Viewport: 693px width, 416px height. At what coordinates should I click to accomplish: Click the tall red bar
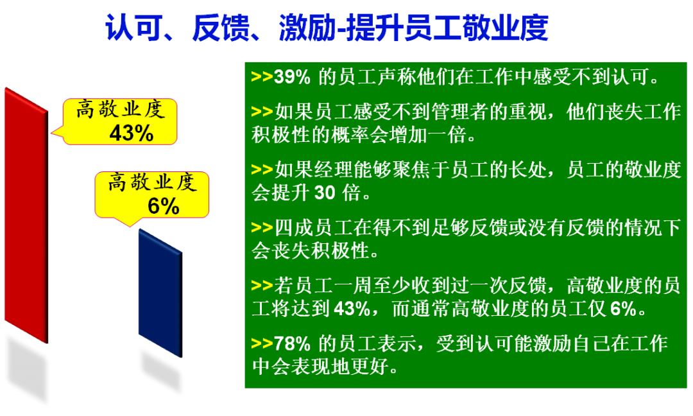tap(26, 215)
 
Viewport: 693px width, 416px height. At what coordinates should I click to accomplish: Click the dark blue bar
tap(160, 293)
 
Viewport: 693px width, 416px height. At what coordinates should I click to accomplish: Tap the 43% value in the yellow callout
tap(132, 133)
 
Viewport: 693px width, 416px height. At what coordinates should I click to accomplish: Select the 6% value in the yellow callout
tap(163, 206)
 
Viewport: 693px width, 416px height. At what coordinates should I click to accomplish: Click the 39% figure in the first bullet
tap(292, 77)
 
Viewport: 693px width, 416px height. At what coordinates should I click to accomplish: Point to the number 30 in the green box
tap(325, 193)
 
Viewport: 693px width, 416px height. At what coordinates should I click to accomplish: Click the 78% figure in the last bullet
tap(292, 343)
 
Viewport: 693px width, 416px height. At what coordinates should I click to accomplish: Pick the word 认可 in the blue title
tap(133, 28)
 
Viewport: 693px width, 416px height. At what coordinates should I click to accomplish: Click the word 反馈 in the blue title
tap(219, 28)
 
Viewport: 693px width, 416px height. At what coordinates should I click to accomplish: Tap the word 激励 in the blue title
tap(306, 28)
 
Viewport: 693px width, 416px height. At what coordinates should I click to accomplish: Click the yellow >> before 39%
tap(262, 76)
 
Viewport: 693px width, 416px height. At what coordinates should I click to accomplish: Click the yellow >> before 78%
tap(262, 343)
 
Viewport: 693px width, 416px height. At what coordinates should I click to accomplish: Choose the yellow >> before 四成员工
tap(262, 228)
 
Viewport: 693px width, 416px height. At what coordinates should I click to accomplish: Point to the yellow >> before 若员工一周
tap(262, 286)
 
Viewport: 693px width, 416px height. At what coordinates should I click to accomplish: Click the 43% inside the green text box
tap(352, 309)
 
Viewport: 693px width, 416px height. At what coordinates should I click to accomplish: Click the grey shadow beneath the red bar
tap(27, 369)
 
